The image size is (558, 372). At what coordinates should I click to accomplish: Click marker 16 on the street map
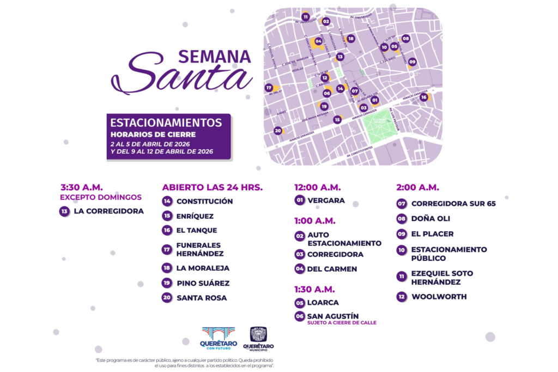coord(423,97)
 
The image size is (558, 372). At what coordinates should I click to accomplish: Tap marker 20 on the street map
coord(277,131)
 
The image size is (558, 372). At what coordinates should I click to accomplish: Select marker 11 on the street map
coord(305,17)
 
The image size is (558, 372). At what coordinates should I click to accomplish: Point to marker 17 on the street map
coord(269,88)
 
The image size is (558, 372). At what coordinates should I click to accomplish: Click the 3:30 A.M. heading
coord(82,187)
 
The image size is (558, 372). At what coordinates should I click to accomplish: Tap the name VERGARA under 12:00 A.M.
coord(326,200)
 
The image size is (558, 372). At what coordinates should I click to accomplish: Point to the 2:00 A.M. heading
coord(417,187)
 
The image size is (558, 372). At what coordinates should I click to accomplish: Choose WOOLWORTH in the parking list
coord(439,297)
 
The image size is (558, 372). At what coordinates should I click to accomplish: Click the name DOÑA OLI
coord(430,219)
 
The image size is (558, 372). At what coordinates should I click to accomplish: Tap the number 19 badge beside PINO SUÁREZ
coord(167,283)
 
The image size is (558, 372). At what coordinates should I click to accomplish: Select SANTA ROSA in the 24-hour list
coord(202,298)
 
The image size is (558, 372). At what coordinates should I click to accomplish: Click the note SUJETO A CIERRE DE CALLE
coord(342,323)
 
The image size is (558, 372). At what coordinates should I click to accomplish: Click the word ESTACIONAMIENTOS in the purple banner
coord(166,123)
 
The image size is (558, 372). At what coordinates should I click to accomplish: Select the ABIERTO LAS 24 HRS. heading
coord(212,187)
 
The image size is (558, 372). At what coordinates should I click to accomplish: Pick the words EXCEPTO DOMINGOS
coord(100,197)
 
